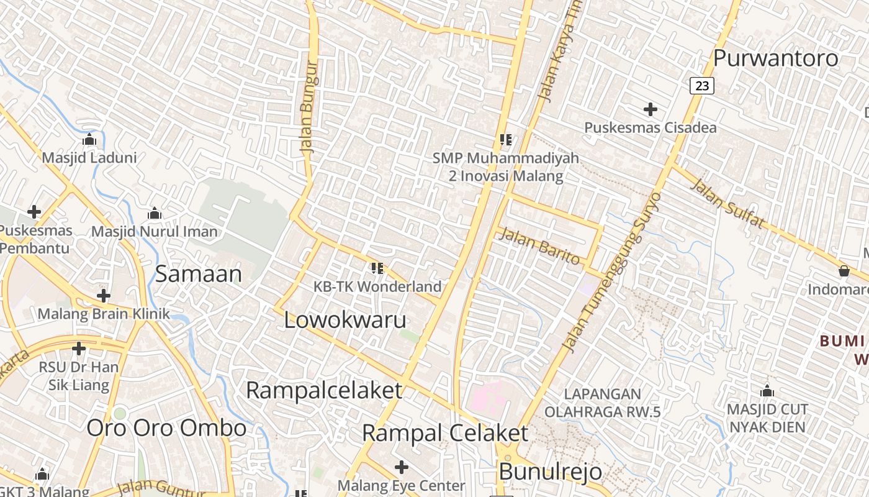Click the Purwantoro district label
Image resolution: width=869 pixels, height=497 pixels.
point(775,58)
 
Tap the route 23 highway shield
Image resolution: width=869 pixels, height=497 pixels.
point(702,86)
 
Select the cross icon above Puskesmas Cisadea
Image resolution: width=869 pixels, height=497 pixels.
point(650,110)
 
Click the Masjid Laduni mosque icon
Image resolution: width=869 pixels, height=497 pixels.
point(89,139)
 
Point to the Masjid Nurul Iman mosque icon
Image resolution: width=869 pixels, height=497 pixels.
point(155,214)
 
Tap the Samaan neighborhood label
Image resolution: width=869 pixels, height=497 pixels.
point(198,274)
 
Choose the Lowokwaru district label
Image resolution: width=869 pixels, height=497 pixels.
point(345,320)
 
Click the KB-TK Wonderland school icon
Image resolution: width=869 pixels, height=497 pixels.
point(377,268)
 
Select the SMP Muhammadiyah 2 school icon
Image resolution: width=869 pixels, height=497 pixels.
point(505,140)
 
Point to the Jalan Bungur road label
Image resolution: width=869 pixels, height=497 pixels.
point(308,107)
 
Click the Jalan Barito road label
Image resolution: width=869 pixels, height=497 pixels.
point(539,246)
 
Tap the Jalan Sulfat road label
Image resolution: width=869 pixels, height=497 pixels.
point(727,203)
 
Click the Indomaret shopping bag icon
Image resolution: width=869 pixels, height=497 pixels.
point(844,271)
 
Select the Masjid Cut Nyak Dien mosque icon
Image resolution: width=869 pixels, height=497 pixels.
point(767,391)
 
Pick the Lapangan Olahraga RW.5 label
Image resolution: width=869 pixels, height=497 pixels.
point(593,403)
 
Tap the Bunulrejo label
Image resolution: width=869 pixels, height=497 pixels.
point(550,472)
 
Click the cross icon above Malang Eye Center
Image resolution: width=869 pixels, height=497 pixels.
point(402,467)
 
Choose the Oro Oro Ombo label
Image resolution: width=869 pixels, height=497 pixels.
point(166,428)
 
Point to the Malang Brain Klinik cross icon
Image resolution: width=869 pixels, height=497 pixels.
point(104,296)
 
